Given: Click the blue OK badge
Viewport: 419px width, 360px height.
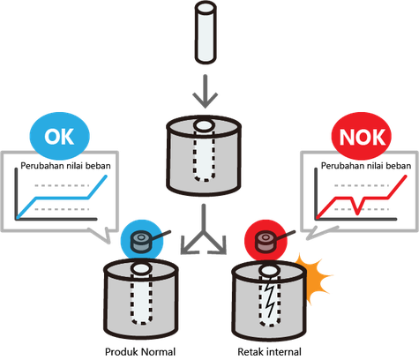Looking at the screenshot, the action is pos(59,136).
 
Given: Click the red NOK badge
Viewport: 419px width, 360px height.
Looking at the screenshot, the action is pos(362,136).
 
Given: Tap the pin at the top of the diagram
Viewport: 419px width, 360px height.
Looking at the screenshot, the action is pos(206,33).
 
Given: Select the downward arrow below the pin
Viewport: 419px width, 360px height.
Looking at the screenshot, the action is pos(206,91).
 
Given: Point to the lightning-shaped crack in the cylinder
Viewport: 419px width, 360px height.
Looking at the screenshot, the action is pos(270,297).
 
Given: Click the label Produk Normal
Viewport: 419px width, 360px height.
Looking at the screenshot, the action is pos(140,352).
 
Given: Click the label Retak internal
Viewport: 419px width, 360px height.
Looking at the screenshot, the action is pos(269,352).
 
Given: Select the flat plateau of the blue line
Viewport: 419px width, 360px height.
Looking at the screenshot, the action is pos(62,198).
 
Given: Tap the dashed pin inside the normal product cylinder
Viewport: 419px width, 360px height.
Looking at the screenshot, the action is pos(142,298).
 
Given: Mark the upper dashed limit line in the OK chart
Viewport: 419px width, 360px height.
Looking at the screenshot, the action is pos(62,185).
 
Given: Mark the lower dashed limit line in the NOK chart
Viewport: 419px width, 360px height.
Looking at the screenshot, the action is pos(362,209).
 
